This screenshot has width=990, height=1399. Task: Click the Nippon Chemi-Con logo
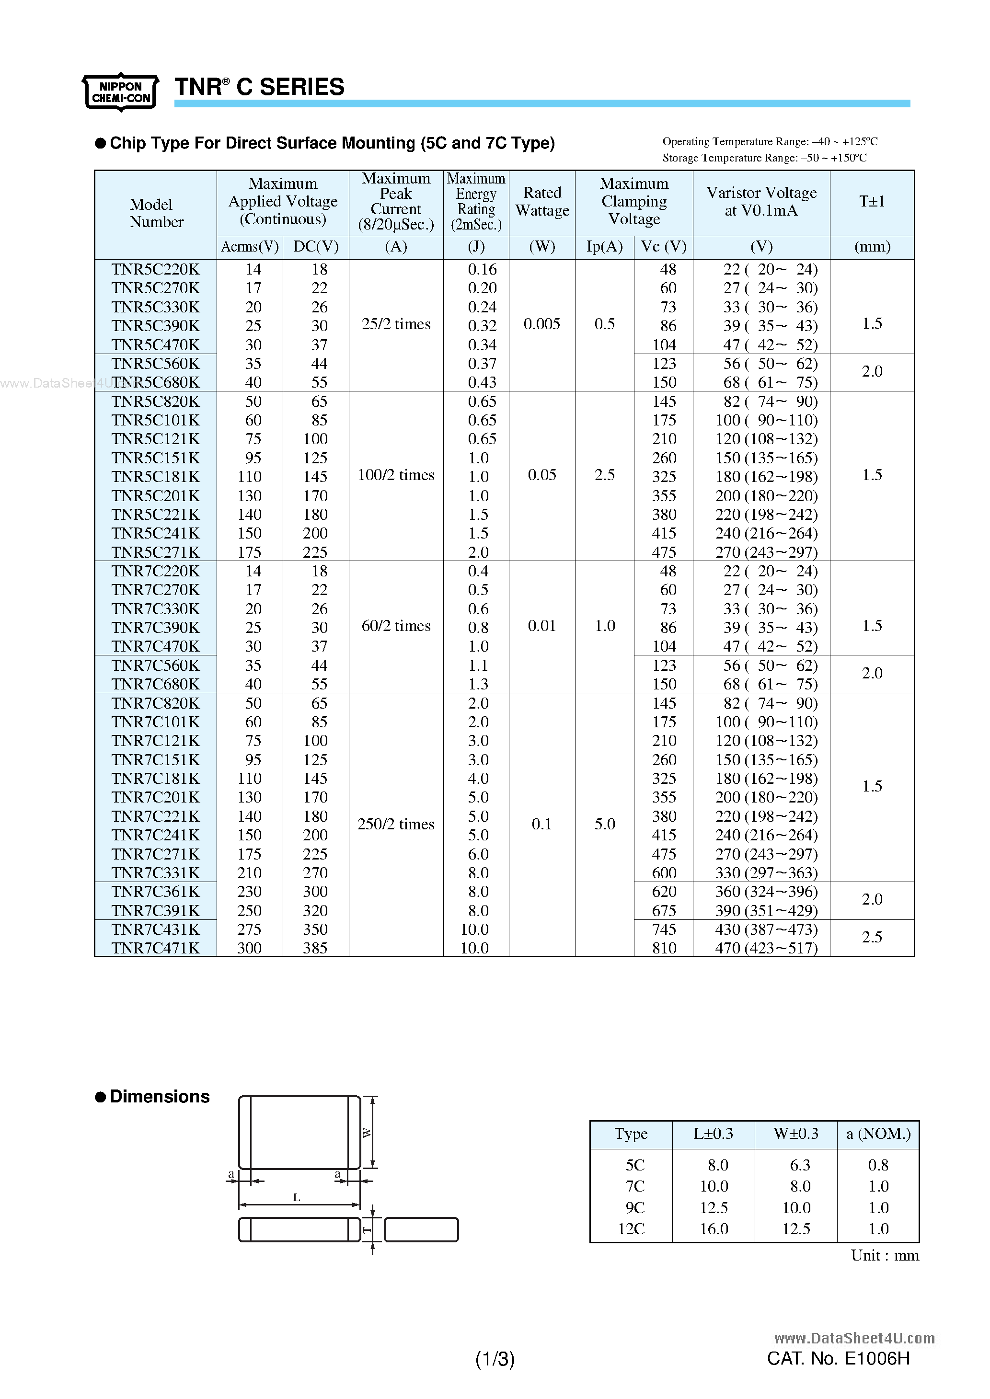tap(121, 92)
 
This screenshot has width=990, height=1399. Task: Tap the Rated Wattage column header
tap(542, 202)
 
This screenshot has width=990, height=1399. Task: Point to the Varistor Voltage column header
tap(761, 202)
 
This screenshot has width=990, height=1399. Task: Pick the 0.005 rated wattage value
tap(542, 324)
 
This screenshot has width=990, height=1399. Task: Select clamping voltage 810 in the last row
tap(664, 948)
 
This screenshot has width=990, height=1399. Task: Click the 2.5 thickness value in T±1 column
tap(872, 937)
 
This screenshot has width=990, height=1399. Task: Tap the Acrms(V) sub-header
tap(250, 247)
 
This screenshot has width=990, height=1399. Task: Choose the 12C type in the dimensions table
tap(631, 1229)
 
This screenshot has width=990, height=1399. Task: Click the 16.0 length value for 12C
tap(714, 1229)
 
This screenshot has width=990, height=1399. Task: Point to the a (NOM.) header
tap(878, 1134)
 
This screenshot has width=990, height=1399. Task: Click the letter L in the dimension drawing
tap(297, 1198)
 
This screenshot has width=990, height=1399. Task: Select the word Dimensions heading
tap(160, 1097)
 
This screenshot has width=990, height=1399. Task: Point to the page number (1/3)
tap(495, 1359)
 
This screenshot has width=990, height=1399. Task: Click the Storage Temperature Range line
tap(764, 158)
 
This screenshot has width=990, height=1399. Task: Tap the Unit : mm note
tap(885, 1256)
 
